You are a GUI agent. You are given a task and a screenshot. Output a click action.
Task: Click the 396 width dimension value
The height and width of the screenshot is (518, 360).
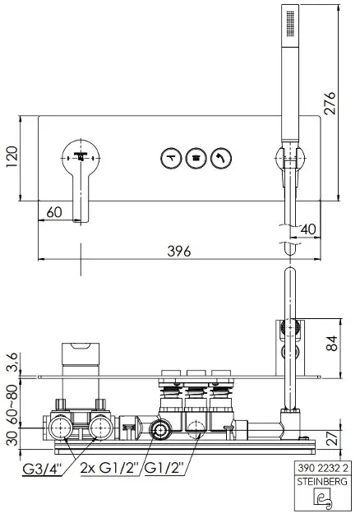179,252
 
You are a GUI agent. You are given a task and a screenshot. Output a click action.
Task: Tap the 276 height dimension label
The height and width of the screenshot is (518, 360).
330,104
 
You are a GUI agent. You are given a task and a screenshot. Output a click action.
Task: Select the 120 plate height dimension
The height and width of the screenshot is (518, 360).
12,156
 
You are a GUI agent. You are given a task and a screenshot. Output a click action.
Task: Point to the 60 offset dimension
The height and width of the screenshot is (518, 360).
54,212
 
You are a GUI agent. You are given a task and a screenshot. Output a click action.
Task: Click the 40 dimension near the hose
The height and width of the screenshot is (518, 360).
308,229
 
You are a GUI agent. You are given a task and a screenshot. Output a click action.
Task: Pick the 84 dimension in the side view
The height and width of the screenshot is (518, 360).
331,343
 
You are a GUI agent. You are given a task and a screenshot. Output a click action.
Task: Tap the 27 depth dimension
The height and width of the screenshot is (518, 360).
334,438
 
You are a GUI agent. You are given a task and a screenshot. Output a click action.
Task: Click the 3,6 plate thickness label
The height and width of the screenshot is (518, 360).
12,362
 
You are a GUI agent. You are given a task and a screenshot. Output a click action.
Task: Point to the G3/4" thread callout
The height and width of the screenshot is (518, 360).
42,469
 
